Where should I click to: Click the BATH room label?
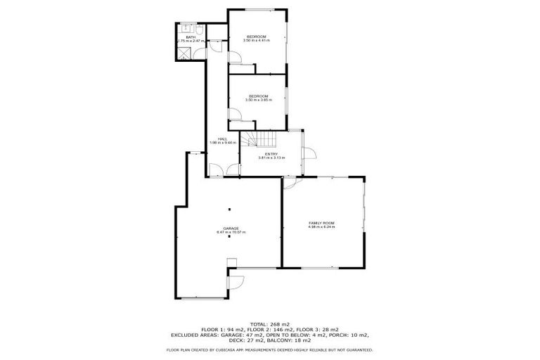[x=190, y=37]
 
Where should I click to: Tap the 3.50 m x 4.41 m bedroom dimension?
[x=257, y=41]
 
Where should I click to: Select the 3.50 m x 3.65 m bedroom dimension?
[x=258, y=101]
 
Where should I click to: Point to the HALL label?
[x=222, y=139]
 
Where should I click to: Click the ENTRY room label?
[x=271, y=154]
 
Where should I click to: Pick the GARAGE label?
[x=231, y=229]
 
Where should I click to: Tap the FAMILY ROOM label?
[x=321, y=223]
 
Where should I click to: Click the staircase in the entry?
[x=254, y=141]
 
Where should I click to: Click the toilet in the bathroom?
[x=200, y=30]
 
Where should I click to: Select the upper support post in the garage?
[x=229, y=209]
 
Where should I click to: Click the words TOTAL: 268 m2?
[x=269, y=323]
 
